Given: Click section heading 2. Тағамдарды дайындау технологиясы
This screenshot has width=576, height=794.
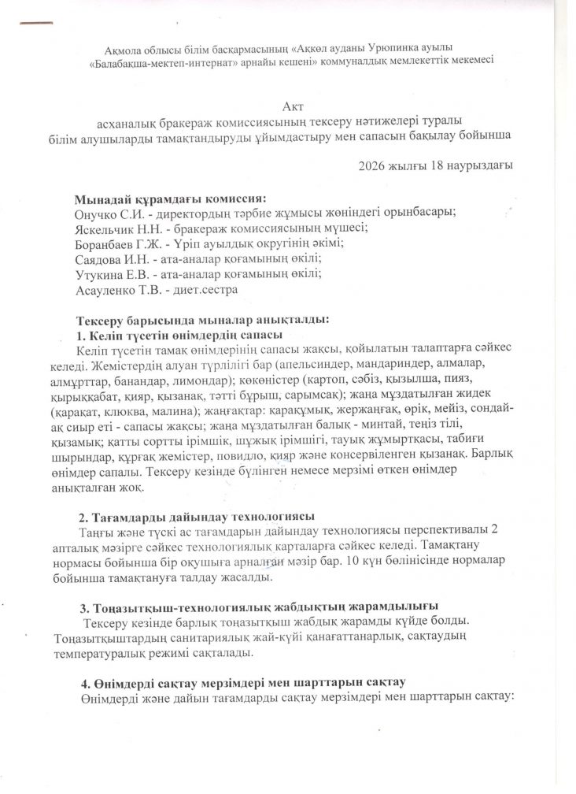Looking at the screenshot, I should (196, 518).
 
